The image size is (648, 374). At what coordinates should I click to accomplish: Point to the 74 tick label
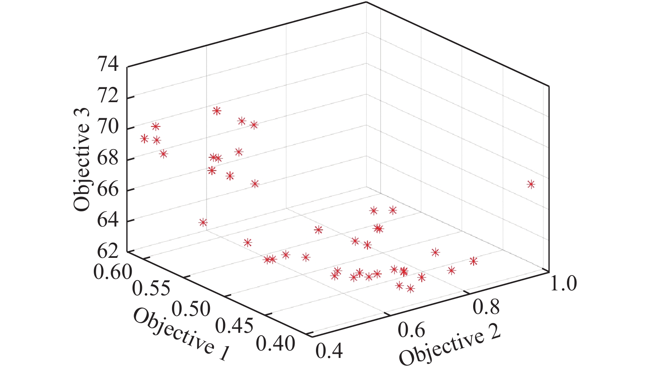[x=107, y=65]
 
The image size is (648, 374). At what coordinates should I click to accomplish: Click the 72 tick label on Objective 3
[x=107, y=97]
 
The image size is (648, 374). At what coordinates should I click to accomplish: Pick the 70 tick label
[x=107, y=127]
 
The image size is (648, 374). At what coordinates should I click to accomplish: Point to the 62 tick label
[x=107, y=250]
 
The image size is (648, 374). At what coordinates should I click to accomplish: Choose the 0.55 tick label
[x=151, y=288]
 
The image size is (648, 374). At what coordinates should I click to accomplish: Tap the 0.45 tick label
[x=234, y=326]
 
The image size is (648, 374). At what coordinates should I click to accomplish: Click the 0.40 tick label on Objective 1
[x=275, y=343]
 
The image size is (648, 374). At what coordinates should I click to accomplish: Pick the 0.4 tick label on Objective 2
[x=329, y=351]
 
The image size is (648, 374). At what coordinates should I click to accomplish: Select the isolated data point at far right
[x=531, y=184]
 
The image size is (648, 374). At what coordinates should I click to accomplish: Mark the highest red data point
[x=217, y=110]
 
